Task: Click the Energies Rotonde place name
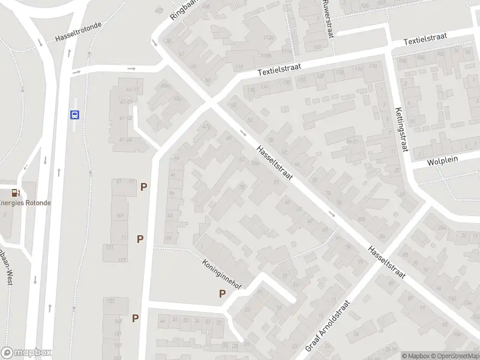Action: [25, 203]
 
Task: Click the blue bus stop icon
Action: [75, 115]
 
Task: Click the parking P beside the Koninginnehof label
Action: [222, 294]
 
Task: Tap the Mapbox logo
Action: [26, 353]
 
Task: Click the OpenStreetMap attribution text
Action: [454, 356]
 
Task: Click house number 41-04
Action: [125, 140]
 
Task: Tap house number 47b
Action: [207, 126]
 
